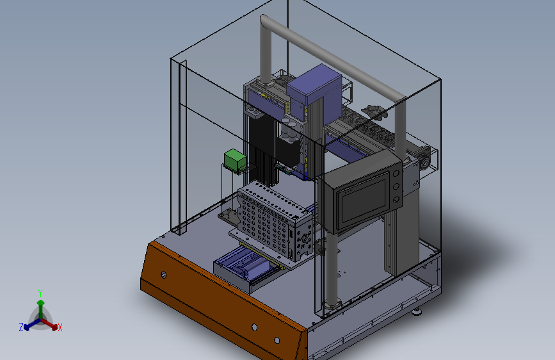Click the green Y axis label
point(40,292)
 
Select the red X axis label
point(60,328)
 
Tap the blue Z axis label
point(21,327)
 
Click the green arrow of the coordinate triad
point(40,306)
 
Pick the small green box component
point(234,160)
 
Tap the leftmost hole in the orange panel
point(164,275)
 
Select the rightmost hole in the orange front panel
point(277,340)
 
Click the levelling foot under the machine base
point(417,313)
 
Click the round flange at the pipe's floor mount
point(331,301)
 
